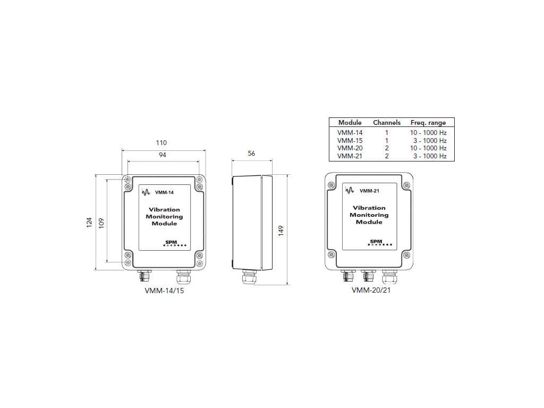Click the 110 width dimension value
coord(161,143)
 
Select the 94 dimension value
coord(163,155)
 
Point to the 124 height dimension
coord(89,222)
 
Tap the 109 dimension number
coord(101,222)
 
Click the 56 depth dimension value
coord(252,153)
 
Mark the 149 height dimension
coord(281,230)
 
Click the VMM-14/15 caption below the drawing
coord(164,291)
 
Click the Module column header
coord(350,123)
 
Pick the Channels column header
coord(387,123)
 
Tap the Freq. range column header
coord(428,123)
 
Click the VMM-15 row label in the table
coord(350,140)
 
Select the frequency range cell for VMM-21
coord(429,156)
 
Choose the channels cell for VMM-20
coord(387,148)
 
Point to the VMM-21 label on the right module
coord(369,191)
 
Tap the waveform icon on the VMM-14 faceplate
coord(147,193)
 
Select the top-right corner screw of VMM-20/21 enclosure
coord(407,185)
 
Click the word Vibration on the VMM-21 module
coord(369,208)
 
